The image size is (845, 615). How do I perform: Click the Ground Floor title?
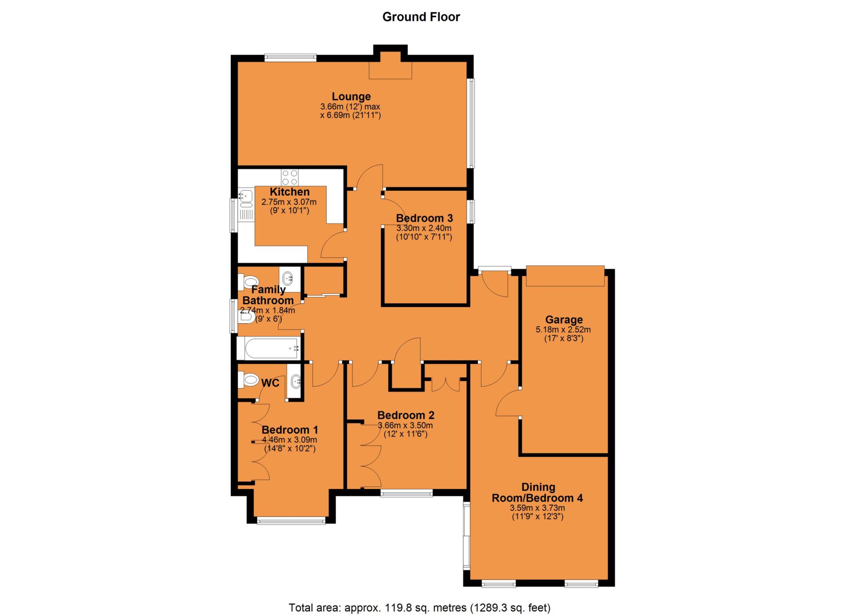pyautogui.click(x=421, y=17)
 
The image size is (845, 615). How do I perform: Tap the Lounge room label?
pyautogui.click(x=351, y=96)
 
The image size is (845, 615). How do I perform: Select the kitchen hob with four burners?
pyautogui.click(x=290, y=178)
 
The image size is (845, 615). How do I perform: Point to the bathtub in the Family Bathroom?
pyautogui.click(x=271, y=348)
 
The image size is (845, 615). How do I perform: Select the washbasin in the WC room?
pyautogui.click(x=295, y=382)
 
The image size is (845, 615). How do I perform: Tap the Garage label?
pyautogui.click(x=564, y=319)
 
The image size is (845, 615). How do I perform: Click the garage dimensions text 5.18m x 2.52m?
pyautogui.click(x=563, y=330)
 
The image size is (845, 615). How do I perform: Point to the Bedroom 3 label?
pyautogui.click(x=424, y=218)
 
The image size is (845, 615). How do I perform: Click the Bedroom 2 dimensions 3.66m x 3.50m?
pyautogui.click(x=405, y=425)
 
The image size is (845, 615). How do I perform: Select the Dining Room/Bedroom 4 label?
pyautogui.click(x=538, y=492)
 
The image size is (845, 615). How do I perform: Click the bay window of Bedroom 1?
pyautogui.click(x=291, y=521)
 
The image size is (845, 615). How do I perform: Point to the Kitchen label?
pyautogui.click(x=289, y=192)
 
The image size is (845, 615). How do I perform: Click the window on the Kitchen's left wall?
pyautogui.click(x=234, y=216)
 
